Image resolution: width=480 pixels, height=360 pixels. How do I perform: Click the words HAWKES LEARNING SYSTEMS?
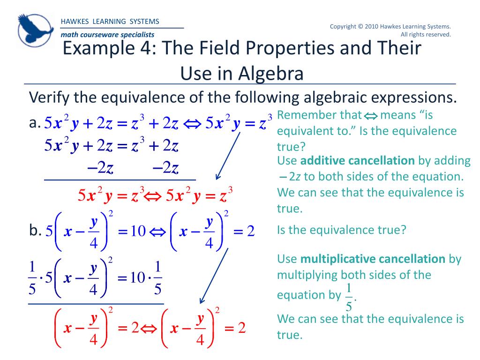[x=110, y=22]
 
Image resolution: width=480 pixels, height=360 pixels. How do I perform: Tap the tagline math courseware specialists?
[x=107, y=35]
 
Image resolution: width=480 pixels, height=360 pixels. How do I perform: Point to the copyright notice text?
[x=390, y=30]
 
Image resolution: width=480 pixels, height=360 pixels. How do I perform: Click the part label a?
[x=33, y=123]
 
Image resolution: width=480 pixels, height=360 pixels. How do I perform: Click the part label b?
[x=35, y=231]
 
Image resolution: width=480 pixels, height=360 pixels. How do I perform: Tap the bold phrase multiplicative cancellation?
[x=372, y=259]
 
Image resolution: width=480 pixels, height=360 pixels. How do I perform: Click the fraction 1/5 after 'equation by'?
[x=349, y=297]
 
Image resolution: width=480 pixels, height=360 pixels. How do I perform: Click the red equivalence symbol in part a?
[x=151, y=195]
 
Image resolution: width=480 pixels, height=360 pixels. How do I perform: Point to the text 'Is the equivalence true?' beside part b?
[x=341, y=230]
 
